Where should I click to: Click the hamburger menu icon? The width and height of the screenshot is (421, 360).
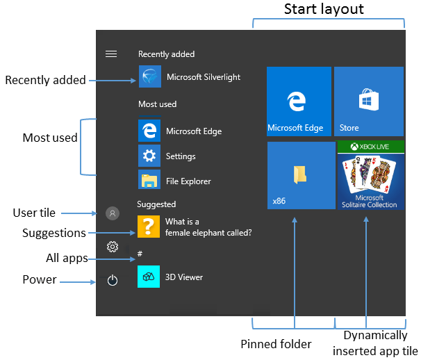(110, 54)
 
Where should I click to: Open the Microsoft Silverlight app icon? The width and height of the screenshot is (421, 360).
(149, 77)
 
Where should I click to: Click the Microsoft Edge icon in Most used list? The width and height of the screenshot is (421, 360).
(149, 131)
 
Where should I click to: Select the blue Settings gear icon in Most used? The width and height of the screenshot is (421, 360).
(149, 156)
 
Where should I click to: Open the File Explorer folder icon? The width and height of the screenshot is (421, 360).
(149, 181)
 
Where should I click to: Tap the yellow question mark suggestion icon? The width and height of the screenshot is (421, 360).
(149, 227)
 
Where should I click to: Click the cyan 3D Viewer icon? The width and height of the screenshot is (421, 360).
(149, 277)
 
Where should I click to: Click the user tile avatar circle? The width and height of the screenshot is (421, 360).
(113, 213)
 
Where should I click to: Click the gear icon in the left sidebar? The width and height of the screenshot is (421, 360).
(113, 246)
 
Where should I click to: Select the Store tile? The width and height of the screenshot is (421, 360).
(368, 101)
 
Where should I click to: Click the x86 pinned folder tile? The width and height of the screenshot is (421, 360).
(301, 175)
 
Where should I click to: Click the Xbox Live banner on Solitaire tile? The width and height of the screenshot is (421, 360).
(369, 147)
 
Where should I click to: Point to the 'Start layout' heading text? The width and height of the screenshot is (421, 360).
(324, 10)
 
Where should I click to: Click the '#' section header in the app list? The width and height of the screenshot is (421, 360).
(140, 254)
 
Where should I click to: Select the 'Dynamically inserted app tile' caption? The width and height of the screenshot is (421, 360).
(375, 343)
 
